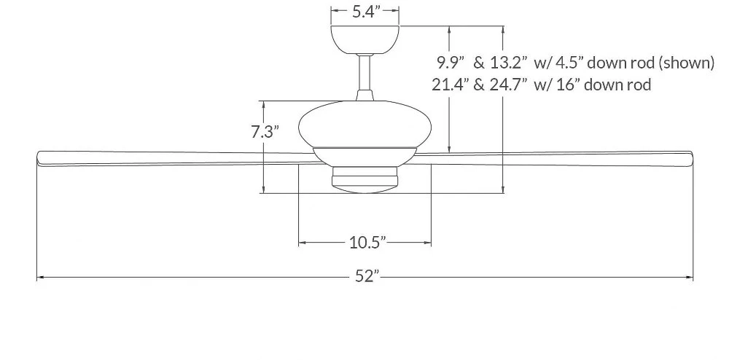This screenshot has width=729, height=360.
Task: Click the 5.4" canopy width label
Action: (x=365, y=12)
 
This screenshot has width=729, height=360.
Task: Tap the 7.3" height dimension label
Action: (x=265, y=132)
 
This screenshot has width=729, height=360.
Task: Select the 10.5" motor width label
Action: (x=367, y=242)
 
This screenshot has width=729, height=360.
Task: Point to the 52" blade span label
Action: (x=367, y=276)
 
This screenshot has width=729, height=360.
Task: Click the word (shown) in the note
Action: (x=686, y=62)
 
